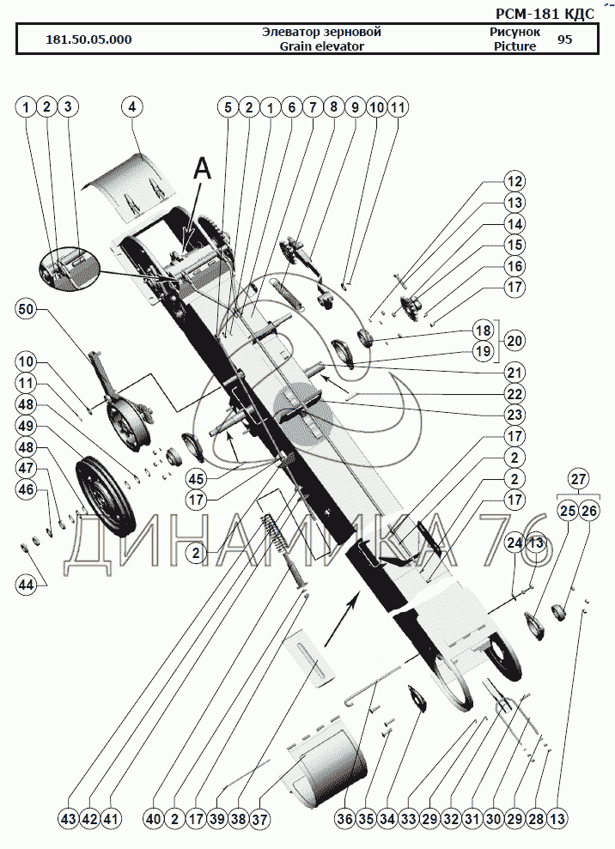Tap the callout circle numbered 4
(132, 107)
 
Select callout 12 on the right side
(514, 182)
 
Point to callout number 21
(514, 372)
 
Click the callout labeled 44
(26, 585)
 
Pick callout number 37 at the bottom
(259, 819)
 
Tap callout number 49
(26, 425)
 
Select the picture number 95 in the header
(564, 39)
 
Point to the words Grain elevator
(321, 46)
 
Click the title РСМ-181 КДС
(545, 14)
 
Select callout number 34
(387, 819)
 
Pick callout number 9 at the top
(354, 107)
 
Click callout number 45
(197, 479)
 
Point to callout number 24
(515, 543)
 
